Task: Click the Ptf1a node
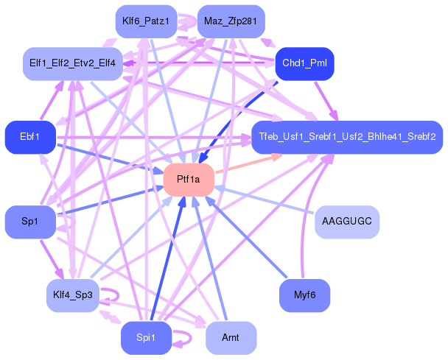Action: coord(189,180)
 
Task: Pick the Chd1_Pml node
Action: coord(304,63)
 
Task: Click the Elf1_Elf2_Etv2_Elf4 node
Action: coord(72,63)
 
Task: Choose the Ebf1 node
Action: coord(30,137)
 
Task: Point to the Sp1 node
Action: coord(30,221)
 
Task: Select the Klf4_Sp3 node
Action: coord(73,295)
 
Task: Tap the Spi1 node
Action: coord(146,338)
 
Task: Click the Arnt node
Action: coord(231,338)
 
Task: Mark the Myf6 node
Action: coord(304,295)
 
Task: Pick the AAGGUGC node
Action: coord(346,221)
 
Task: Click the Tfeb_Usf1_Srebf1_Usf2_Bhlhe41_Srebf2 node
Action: coord(346,137)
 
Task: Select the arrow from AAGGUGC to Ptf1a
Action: coord(265,200)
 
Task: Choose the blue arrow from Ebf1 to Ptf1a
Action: coord(111,158)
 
